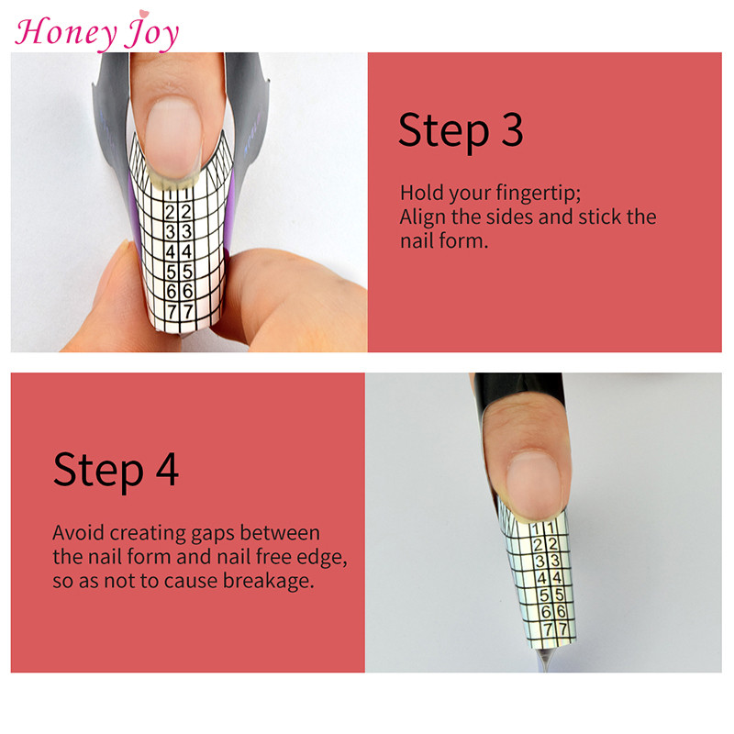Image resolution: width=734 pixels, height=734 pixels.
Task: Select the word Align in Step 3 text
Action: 423,217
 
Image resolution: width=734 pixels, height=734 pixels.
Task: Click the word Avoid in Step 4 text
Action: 76,533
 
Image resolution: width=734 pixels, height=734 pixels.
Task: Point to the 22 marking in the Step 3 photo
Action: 180,212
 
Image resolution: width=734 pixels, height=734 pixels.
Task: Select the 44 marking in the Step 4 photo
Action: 550,577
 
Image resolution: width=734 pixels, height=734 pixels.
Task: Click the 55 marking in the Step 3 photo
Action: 180,271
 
